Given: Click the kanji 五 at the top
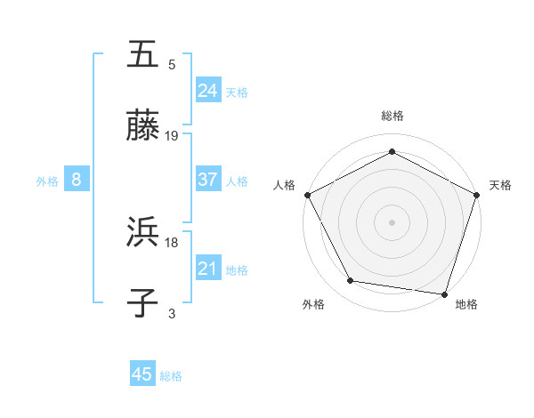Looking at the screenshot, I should [x=143, y=54].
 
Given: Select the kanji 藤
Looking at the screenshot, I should [x=143, y=126].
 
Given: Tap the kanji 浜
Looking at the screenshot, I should [x=143, y=232].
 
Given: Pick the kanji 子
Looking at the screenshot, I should [x=143, y=302].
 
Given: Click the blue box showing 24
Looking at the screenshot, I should [x=207, y=90].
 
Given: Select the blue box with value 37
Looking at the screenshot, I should [x=207, y=180].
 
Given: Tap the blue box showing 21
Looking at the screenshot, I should [x=207, y=268].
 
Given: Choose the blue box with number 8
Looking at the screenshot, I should [x=77, y=180].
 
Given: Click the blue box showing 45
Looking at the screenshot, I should [x=142, y=374].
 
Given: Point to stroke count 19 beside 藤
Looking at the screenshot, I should [x=172, y=136].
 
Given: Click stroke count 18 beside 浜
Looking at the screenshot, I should [x=172, y=242].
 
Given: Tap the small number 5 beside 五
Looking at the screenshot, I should [x=172, y=64].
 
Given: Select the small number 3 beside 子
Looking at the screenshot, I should [x=172, y=312].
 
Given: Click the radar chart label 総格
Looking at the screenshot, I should [x=392, y=116].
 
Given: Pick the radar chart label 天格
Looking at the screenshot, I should [x=500, y=185].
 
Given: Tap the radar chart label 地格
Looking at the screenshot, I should [x=466, y=304].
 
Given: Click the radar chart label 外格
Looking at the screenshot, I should [x=313, y=304].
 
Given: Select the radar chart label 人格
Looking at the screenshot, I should [x=284, y=185].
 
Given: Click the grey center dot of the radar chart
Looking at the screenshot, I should [x=392, y=221].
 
